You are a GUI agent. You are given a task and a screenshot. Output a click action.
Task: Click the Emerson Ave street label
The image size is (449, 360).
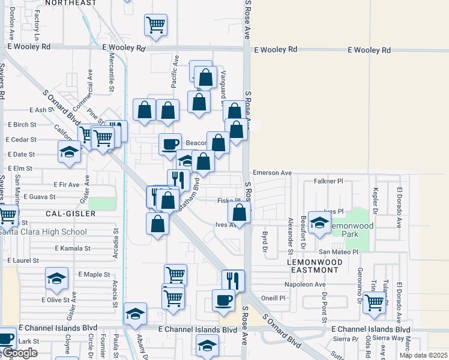click(272, 173)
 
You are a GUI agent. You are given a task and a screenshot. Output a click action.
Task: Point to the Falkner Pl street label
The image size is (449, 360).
click(328, 181)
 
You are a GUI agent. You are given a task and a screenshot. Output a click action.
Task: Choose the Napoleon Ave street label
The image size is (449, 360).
click(305, 284)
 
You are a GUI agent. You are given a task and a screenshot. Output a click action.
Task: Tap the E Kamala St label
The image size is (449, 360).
click(72, 248)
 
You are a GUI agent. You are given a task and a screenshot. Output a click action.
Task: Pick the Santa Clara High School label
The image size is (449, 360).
click(43, 232)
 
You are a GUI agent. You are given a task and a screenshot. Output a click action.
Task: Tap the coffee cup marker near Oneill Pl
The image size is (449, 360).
click(223, 299)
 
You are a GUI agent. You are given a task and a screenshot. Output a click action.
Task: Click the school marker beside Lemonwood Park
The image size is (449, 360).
click(319, 223)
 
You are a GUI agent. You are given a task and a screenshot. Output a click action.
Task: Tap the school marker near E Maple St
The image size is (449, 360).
click(56, 278)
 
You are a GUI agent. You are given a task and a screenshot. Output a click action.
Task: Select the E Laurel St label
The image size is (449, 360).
click(23, 261)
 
